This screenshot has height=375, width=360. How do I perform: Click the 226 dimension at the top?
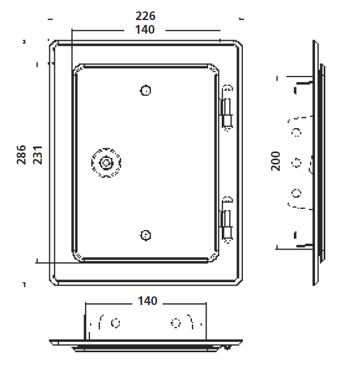[x=145, y=16]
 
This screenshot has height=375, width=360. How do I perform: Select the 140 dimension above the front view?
[x=145, y=30]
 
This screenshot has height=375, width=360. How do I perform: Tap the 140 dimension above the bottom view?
[x=147, y=301]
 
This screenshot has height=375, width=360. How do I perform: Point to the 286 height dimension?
[x=21, y=155]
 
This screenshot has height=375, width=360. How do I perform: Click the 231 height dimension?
[x=37, y=155]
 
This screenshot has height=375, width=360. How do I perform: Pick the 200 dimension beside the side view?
[x=275, y=161]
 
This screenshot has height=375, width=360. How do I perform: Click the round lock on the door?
[x=106, y=163]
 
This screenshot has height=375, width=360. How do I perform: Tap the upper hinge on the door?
[x=227, y=107]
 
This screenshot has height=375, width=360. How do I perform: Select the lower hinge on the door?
[x=227, y=220]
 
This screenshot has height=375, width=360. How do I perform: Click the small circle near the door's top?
[x=145, y=91]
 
